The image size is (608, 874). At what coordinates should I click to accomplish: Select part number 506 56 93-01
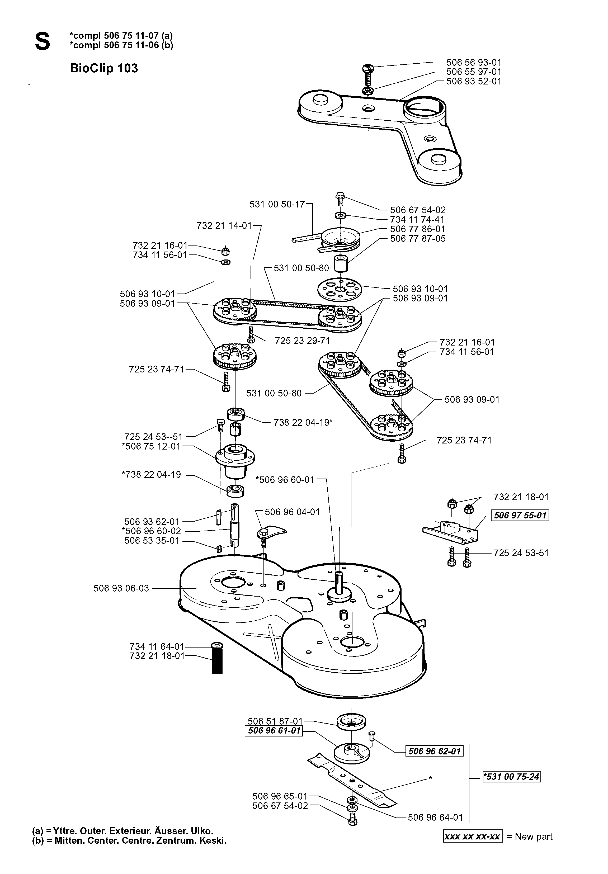474,62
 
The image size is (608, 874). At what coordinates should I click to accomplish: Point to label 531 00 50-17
277,204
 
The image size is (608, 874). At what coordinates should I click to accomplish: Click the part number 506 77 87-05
418,239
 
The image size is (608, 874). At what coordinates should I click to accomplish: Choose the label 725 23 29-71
302,340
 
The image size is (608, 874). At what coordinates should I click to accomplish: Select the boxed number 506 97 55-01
520,516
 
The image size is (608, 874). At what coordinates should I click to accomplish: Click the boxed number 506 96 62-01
434,751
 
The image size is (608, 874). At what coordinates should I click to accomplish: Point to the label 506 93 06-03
121,588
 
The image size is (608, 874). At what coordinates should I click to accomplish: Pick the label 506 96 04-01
292,512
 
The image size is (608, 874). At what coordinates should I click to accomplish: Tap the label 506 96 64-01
435,817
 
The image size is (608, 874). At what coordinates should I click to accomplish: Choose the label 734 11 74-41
417,220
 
